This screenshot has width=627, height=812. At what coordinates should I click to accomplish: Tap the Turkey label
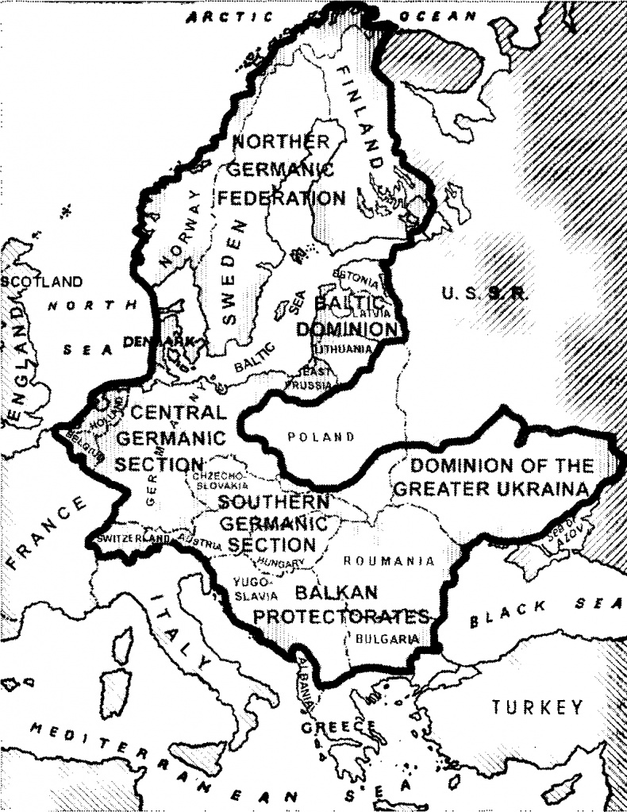pos(537,706)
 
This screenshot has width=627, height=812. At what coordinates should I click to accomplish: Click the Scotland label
pos(41,282)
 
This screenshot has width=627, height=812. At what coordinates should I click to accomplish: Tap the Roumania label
pos(388,561)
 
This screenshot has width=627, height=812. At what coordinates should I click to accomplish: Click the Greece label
pos(337,727)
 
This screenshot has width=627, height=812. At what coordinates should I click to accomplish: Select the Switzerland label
pos(133,539)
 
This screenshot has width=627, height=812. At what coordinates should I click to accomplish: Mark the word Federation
pos(282,198)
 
